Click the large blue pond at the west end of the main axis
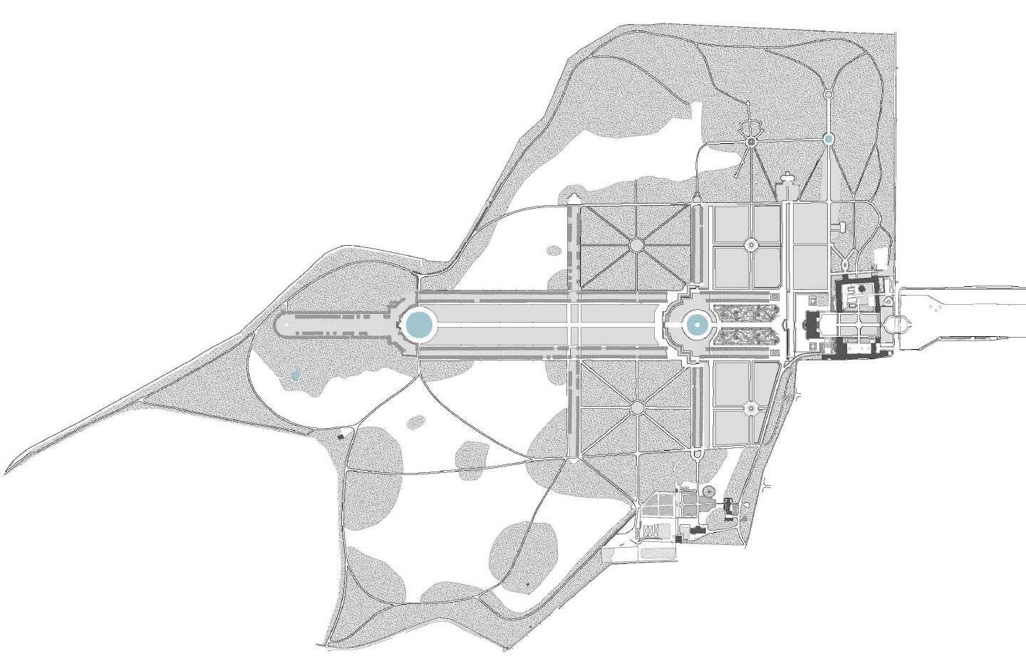(418, 325)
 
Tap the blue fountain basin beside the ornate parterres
(694, 326)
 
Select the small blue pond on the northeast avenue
(828, 140)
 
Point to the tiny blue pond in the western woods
(295, 375)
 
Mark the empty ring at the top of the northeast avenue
(828, 94)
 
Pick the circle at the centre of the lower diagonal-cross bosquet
(636, 407)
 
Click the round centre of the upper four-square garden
(750, 245)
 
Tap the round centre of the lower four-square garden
(750, 407)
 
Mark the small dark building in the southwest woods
(340, 435)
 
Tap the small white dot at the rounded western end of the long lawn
(286, 325)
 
